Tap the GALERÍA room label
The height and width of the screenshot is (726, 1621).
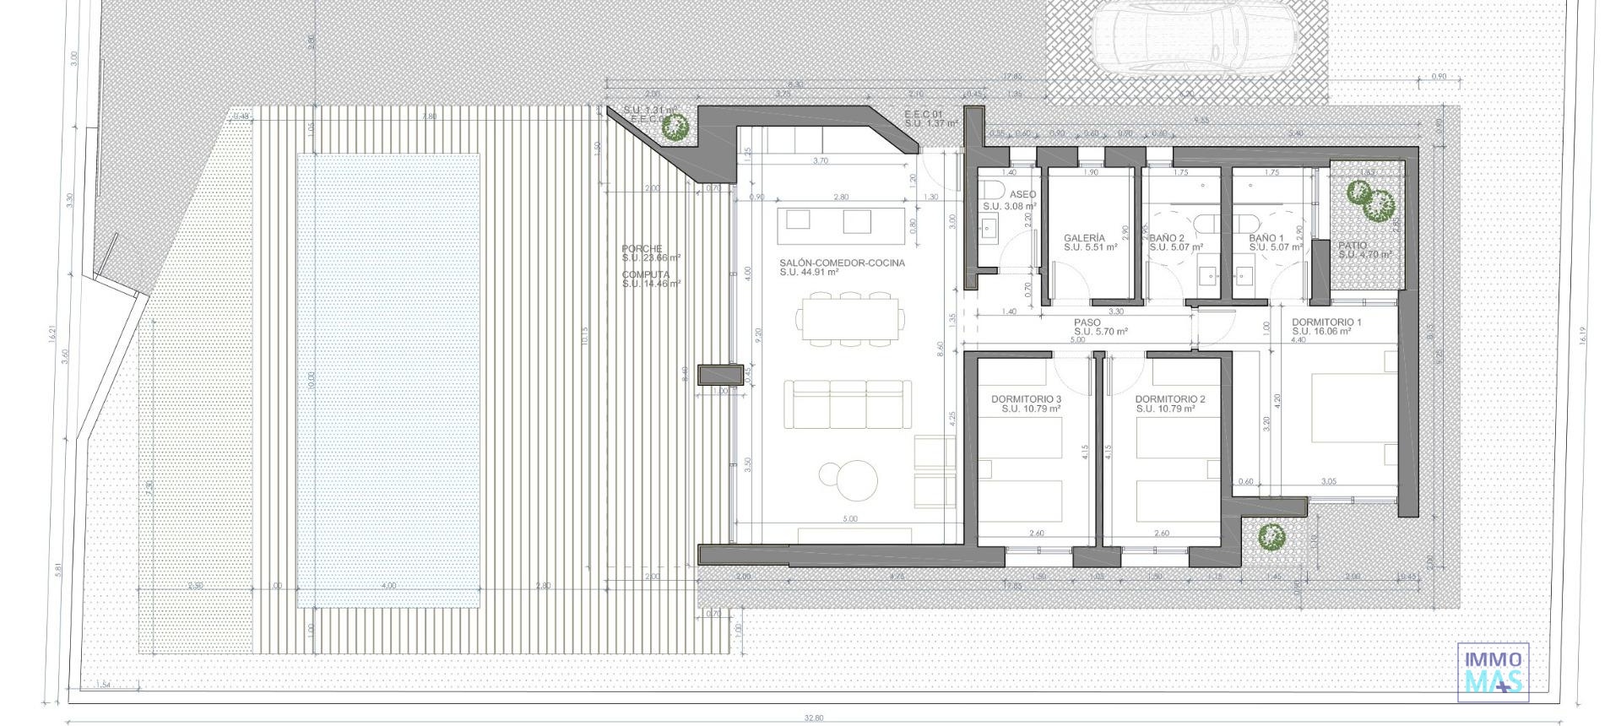pyautogui.click(x=1084, y=238)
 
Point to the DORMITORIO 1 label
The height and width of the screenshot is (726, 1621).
pyautogui.click(x=1326, y=322)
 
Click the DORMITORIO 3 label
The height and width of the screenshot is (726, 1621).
pyautogui.click(x=1026, y=398)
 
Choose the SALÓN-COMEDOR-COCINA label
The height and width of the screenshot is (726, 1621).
pyautogui.click(x=842, y=263)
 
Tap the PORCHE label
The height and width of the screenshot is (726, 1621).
pyautogui.click(x=642, y=248)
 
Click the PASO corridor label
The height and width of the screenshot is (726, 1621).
pyautogui.click(x=1087, y=322)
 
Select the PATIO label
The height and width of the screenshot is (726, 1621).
pyautogui.click(x=1353, y=246)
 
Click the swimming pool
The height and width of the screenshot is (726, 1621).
pyautogui.click(x=388, y=380)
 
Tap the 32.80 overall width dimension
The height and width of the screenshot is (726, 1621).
pyautogui.click(x=813, y=718)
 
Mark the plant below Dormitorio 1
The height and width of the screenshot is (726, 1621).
pyautogui.click(x=1271, y=535)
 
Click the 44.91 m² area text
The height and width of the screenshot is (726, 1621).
pyautogui.click(x=809, y=273)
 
